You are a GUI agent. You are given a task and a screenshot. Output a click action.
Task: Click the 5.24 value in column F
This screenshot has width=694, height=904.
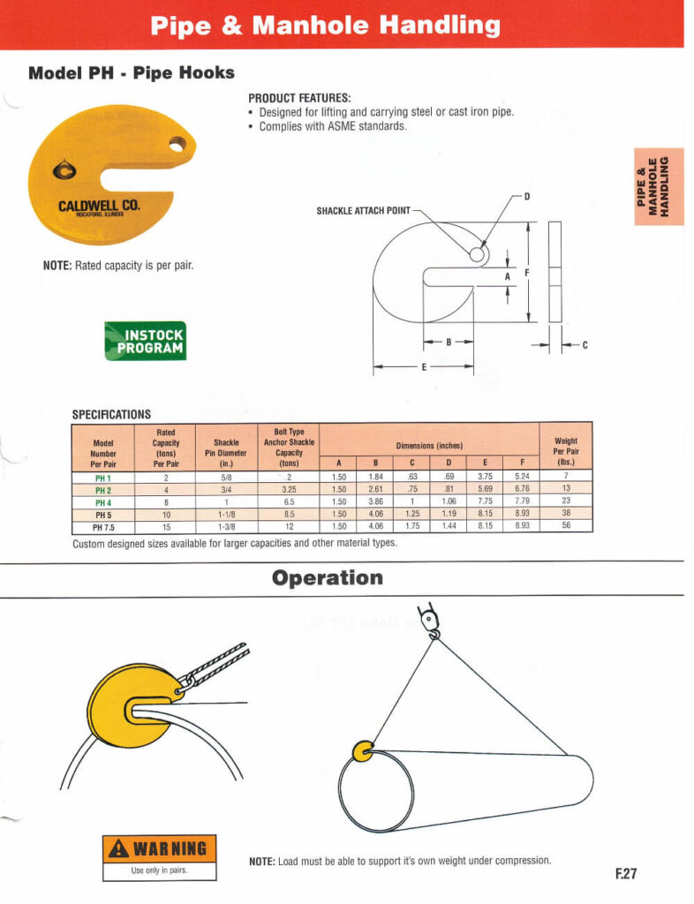pyautogui.click(x=522, y=477)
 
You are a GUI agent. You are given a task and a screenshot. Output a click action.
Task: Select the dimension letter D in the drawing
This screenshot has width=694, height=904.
pyautogui.click(x=527, y=195)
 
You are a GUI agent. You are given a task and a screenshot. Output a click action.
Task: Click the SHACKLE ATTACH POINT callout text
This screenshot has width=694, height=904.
pyautogui.click(x=363, y=210)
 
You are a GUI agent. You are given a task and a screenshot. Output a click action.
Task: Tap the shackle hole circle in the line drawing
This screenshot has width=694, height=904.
pyautogui.click(x=477, y=254)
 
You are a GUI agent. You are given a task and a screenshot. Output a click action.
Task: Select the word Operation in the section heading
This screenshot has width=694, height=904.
pyautogui.click(x=328, y=578)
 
